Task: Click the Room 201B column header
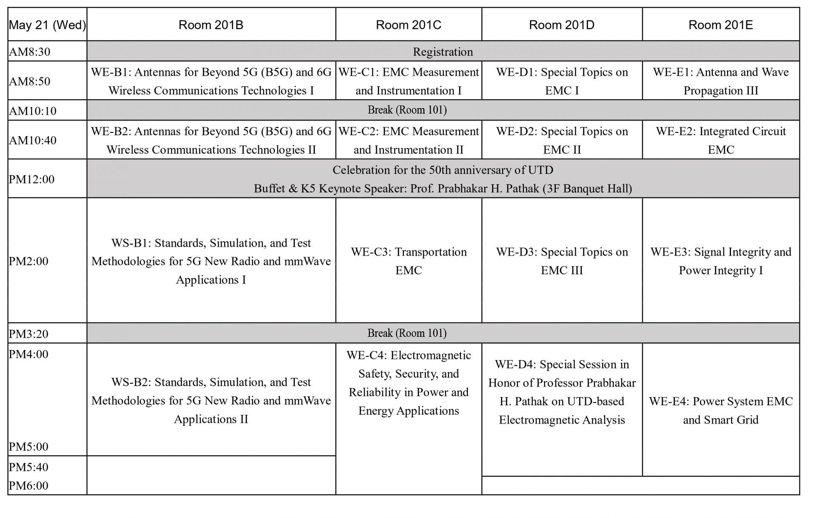[211, 25]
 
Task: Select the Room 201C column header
[408, 25]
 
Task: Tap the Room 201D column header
[561, 25]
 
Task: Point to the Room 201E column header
[720, 25]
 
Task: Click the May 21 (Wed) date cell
[47, 25]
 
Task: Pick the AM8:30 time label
[29, 52]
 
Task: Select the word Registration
[443, 52]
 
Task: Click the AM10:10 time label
[32, 111]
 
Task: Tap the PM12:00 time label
[31, 179]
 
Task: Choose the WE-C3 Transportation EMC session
[408, 261]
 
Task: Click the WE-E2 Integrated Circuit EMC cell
[720, 140]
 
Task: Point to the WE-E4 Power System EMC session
[720, 410]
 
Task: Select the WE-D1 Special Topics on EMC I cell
[562, 81]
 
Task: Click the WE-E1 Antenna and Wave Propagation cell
[720, 81]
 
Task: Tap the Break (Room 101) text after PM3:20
[407, 333]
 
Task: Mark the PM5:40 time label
[29, 467]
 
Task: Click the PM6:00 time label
[29, 485]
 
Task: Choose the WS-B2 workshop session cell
[211, 400]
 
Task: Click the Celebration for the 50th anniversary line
[443, 170]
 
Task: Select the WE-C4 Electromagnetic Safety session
[408, 383]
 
